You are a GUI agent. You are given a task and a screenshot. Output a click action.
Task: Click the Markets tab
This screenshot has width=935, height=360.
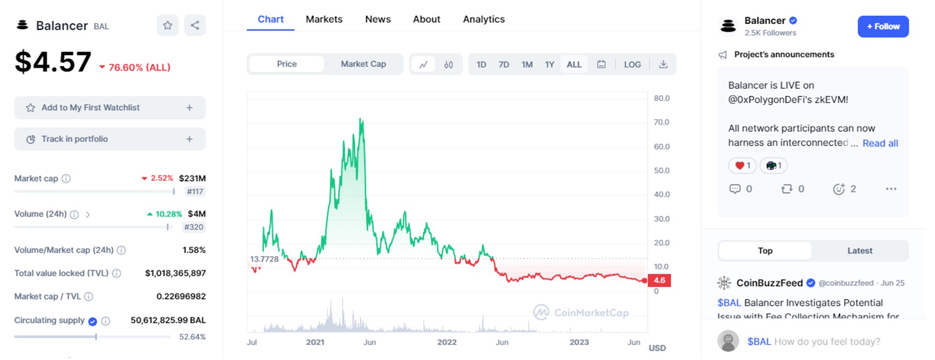click(x=324, y=19)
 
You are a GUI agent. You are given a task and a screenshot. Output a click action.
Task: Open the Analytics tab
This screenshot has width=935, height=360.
click(x=483, y=19)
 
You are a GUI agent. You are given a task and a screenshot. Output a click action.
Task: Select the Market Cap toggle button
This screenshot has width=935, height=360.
click(x=363, y=64)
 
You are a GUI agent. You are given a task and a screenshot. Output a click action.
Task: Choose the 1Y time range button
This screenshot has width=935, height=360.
click(x=549, y=65)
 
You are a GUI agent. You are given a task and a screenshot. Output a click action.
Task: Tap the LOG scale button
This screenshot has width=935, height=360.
click(x=632, y=65)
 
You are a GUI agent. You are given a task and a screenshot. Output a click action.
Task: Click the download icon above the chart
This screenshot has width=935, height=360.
click(x=663, y=65)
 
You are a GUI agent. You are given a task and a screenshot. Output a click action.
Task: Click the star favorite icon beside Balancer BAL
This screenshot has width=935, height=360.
click(x=168, y=26)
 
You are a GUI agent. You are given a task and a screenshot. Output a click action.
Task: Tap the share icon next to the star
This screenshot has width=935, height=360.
click(x=195, y=26)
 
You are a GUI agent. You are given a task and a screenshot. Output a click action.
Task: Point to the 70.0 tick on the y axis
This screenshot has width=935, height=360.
click(x=662, y=122)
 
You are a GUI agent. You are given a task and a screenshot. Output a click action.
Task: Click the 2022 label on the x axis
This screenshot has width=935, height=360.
click(x=447, y=342)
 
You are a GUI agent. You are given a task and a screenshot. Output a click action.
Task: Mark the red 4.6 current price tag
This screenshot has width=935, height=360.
click(x=659, y=280)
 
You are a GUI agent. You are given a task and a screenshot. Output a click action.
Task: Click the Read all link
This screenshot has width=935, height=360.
click(x=880, y=143)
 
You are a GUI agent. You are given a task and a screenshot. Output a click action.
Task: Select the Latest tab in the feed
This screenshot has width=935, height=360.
click(x=860, y=251)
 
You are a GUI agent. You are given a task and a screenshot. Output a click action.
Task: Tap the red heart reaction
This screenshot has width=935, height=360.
click(x=742, y=166)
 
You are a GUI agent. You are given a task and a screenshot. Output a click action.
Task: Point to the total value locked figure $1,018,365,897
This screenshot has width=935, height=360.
click(x=175, y=273)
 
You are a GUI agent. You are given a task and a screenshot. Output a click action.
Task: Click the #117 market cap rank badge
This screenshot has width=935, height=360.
click(x=195, y=192)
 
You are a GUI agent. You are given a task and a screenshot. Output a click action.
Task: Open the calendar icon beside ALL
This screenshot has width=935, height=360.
click(x=602, y=65)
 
